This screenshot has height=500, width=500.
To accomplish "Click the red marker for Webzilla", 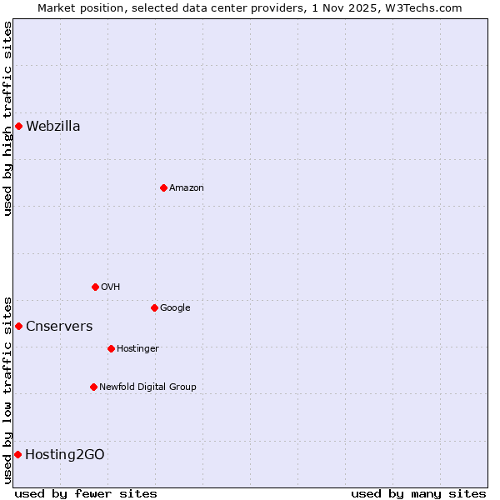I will (x=18, y=127).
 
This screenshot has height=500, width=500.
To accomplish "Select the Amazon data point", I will (x=163, y=188).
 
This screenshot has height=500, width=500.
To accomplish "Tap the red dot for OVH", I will (x=95, y=287).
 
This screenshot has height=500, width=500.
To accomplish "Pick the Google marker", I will (x=154, y=308).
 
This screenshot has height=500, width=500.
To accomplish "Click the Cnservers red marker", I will (x=18, y=327).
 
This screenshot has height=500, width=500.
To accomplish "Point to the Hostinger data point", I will (x=111, y=349).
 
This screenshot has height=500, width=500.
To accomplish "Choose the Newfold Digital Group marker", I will (x=93, y=387).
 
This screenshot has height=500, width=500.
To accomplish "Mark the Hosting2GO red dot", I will (x=17, y=455).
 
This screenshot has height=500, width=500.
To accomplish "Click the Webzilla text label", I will (x=53, y=127).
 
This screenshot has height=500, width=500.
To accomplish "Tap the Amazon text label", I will (x=187, y=188).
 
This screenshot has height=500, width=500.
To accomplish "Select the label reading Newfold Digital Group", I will (x=147, y=387).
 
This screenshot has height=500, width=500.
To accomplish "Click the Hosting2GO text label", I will (x=65, y=455).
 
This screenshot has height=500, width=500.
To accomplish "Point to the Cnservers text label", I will (x=59, y=327).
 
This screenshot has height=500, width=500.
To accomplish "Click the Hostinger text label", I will (x=137, y=349).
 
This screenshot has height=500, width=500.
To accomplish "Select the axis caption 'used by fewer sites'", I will (x=86, y=494).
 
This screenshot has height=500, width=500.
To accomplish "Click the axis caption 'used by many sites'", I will (x=418, y=494).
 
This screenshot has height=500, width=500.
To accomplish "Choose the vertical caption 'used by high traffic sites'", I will (x=7, y=118).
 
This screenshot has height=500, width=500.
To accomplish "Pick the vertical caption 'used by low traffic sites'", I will (x=7, y=389).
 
